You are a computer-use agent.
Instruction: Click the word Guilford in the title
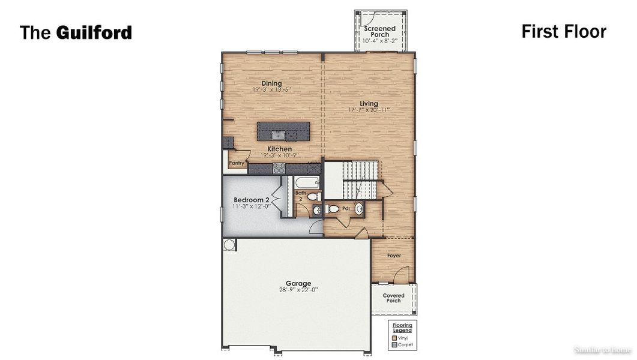tap(94, 32)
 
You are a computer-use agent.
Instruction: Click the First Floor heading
tap(563, 31)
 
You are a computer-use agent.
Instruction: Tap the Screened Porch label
tap(380, 31)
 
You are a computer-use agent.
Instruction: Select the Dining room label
tap(271, 83)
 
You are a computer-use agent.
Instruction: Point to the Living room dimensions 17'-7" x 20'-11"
tap(369, 110)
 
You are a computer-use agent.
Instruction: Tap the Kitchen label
tap(280, 149)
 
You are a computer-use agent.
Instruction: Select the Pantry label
tap(237, 163)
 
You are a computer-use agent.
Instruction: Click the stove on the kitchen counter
tap(279, 169)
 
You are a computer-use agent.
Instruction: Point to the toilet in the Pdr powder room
tap(333, 209)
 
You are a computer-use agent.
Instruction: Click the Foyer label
tap(394, 256)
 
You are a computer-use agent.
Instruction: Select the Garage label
tap(298, 283)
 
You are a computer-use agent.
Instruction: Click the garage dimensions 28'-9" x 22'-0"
tap(298, 290)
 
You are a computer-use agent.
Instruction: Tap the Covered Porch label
tap(394, 298)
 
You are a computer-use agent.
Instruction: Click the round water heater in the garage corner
tap(229, 244)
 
